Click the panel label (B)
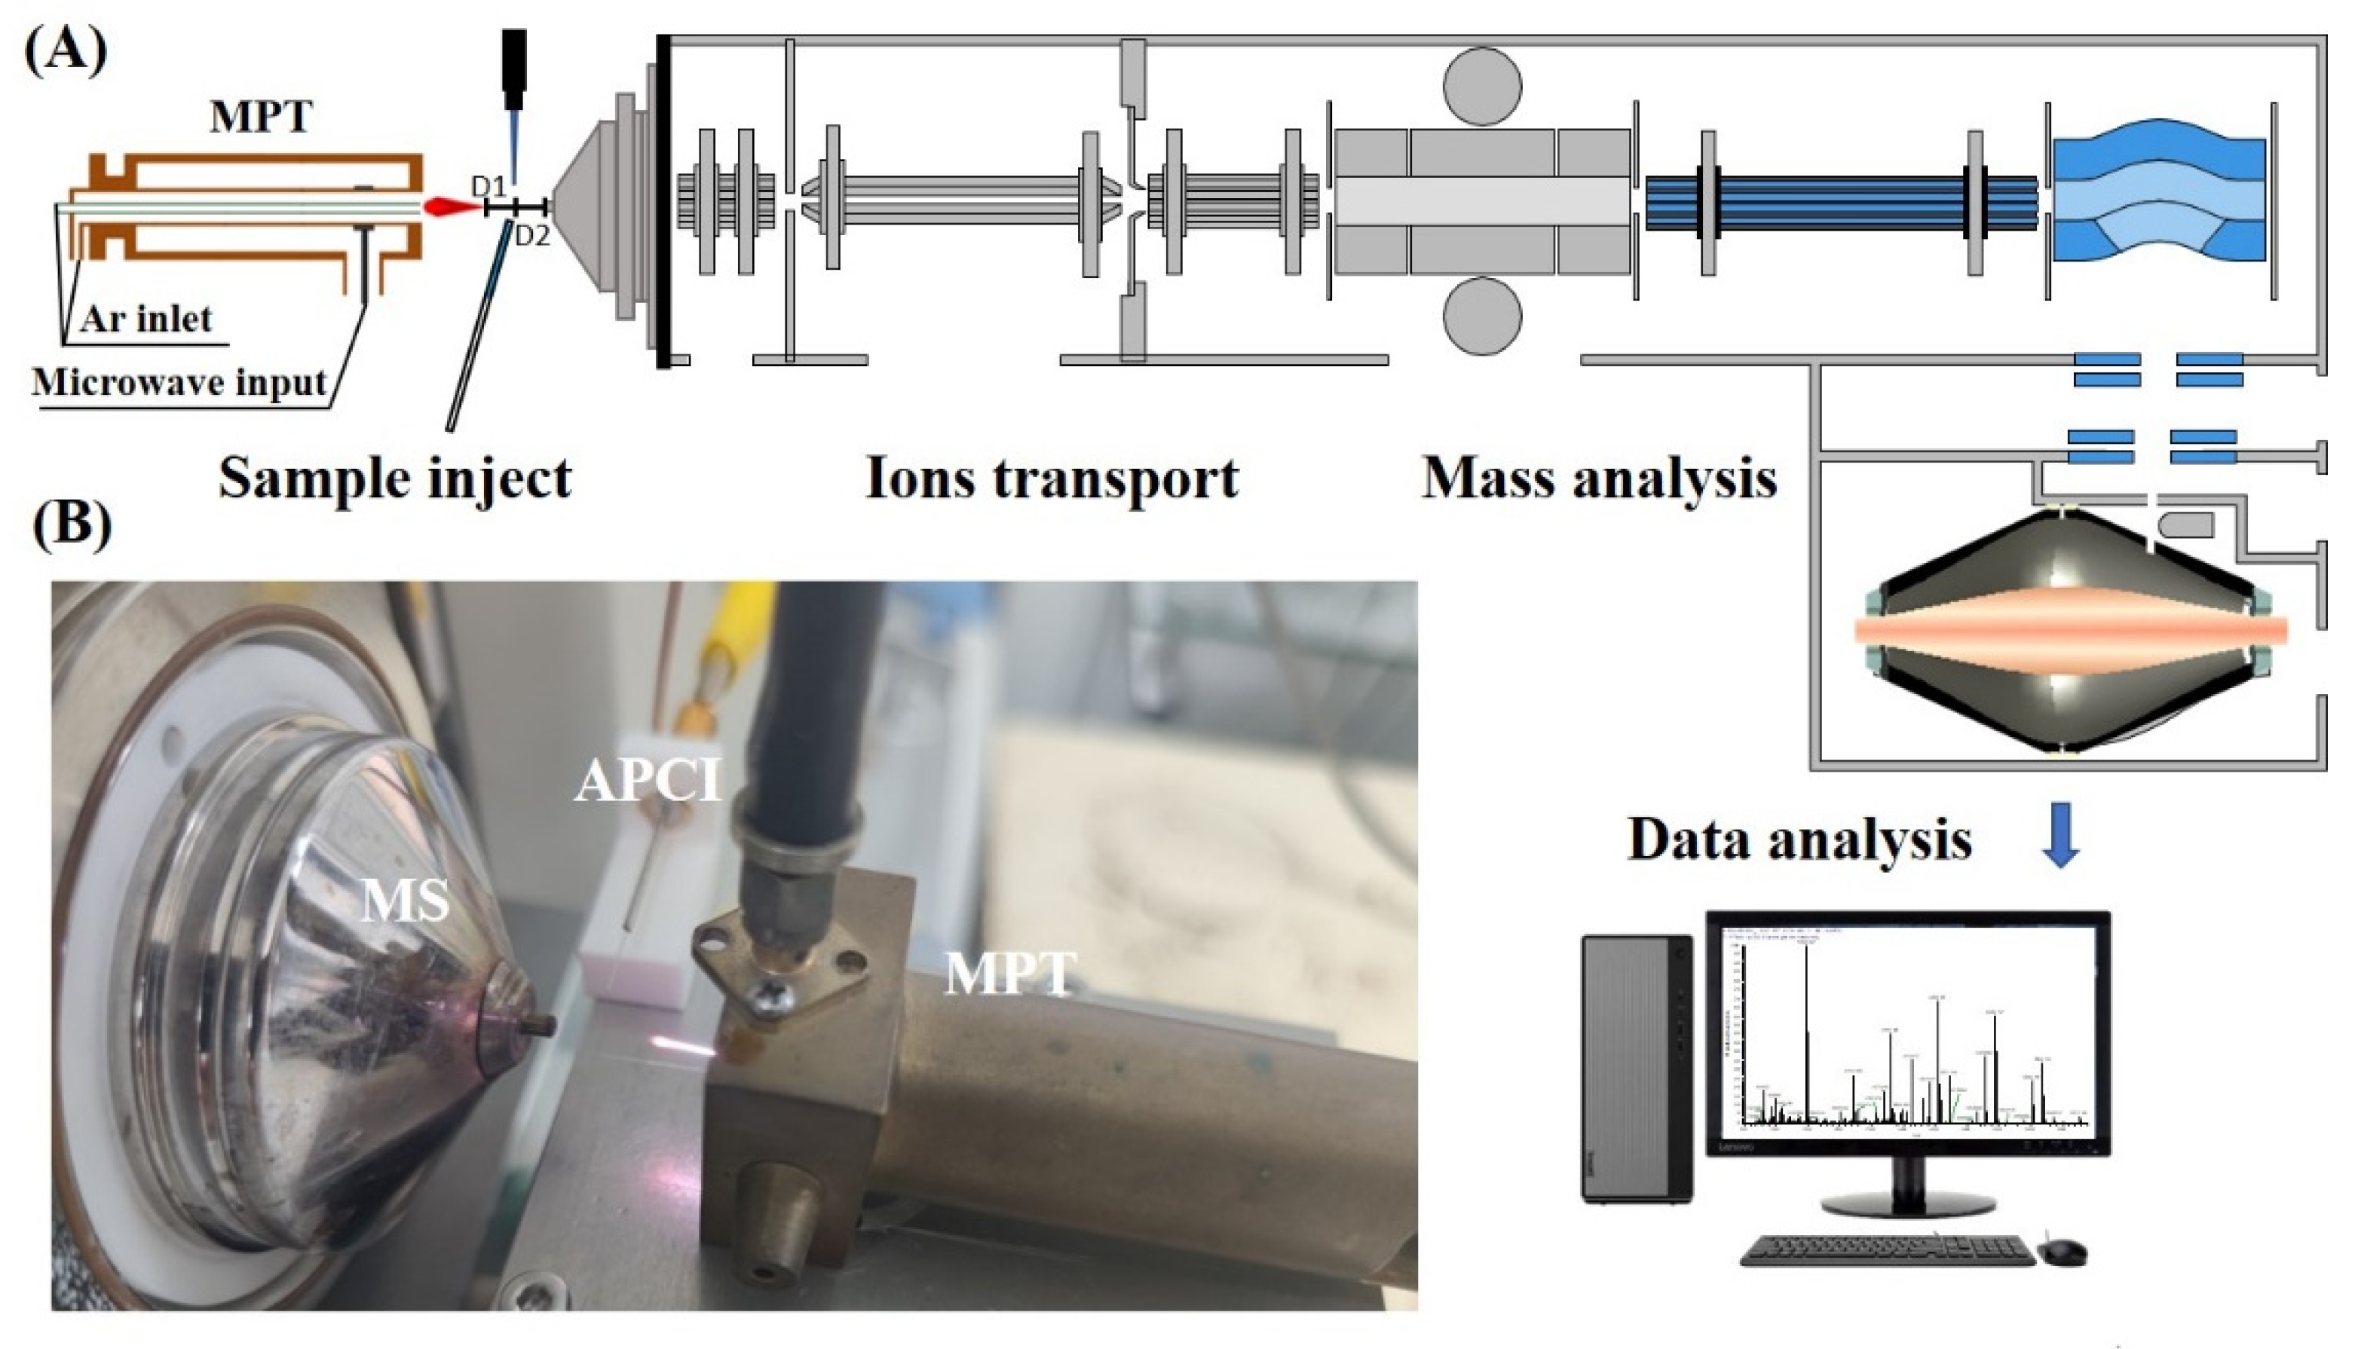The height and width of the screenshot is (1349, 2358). tap(72, 525)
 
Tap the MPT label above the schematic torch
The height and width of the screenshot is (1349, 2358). tap(262, 118)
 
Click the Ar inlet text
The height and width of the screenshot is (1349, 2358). tap(145, 320)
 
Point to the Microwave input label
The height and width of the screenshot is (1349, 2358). tap(179, 383)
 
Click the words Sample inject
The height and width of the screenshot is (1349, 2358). tap(395, 479)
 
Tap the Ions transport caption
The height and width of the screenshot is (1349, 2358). tap(1052, 479)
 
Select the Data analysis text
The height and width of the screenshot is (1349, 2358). tap(1799, 840)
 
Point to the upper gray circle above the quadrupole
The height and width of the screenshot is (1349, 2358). tap(1481, 86)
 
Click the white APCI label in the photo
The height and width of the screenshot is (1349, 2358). tap(648, 781)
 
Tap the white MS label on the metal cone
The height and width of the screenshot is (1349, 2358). tap(405, 901)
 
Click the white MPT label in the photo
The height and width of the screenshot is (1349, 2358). tap(1011, 974)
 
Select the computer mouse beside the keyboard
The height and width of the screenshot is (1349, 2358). tap(2064, 1253)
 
